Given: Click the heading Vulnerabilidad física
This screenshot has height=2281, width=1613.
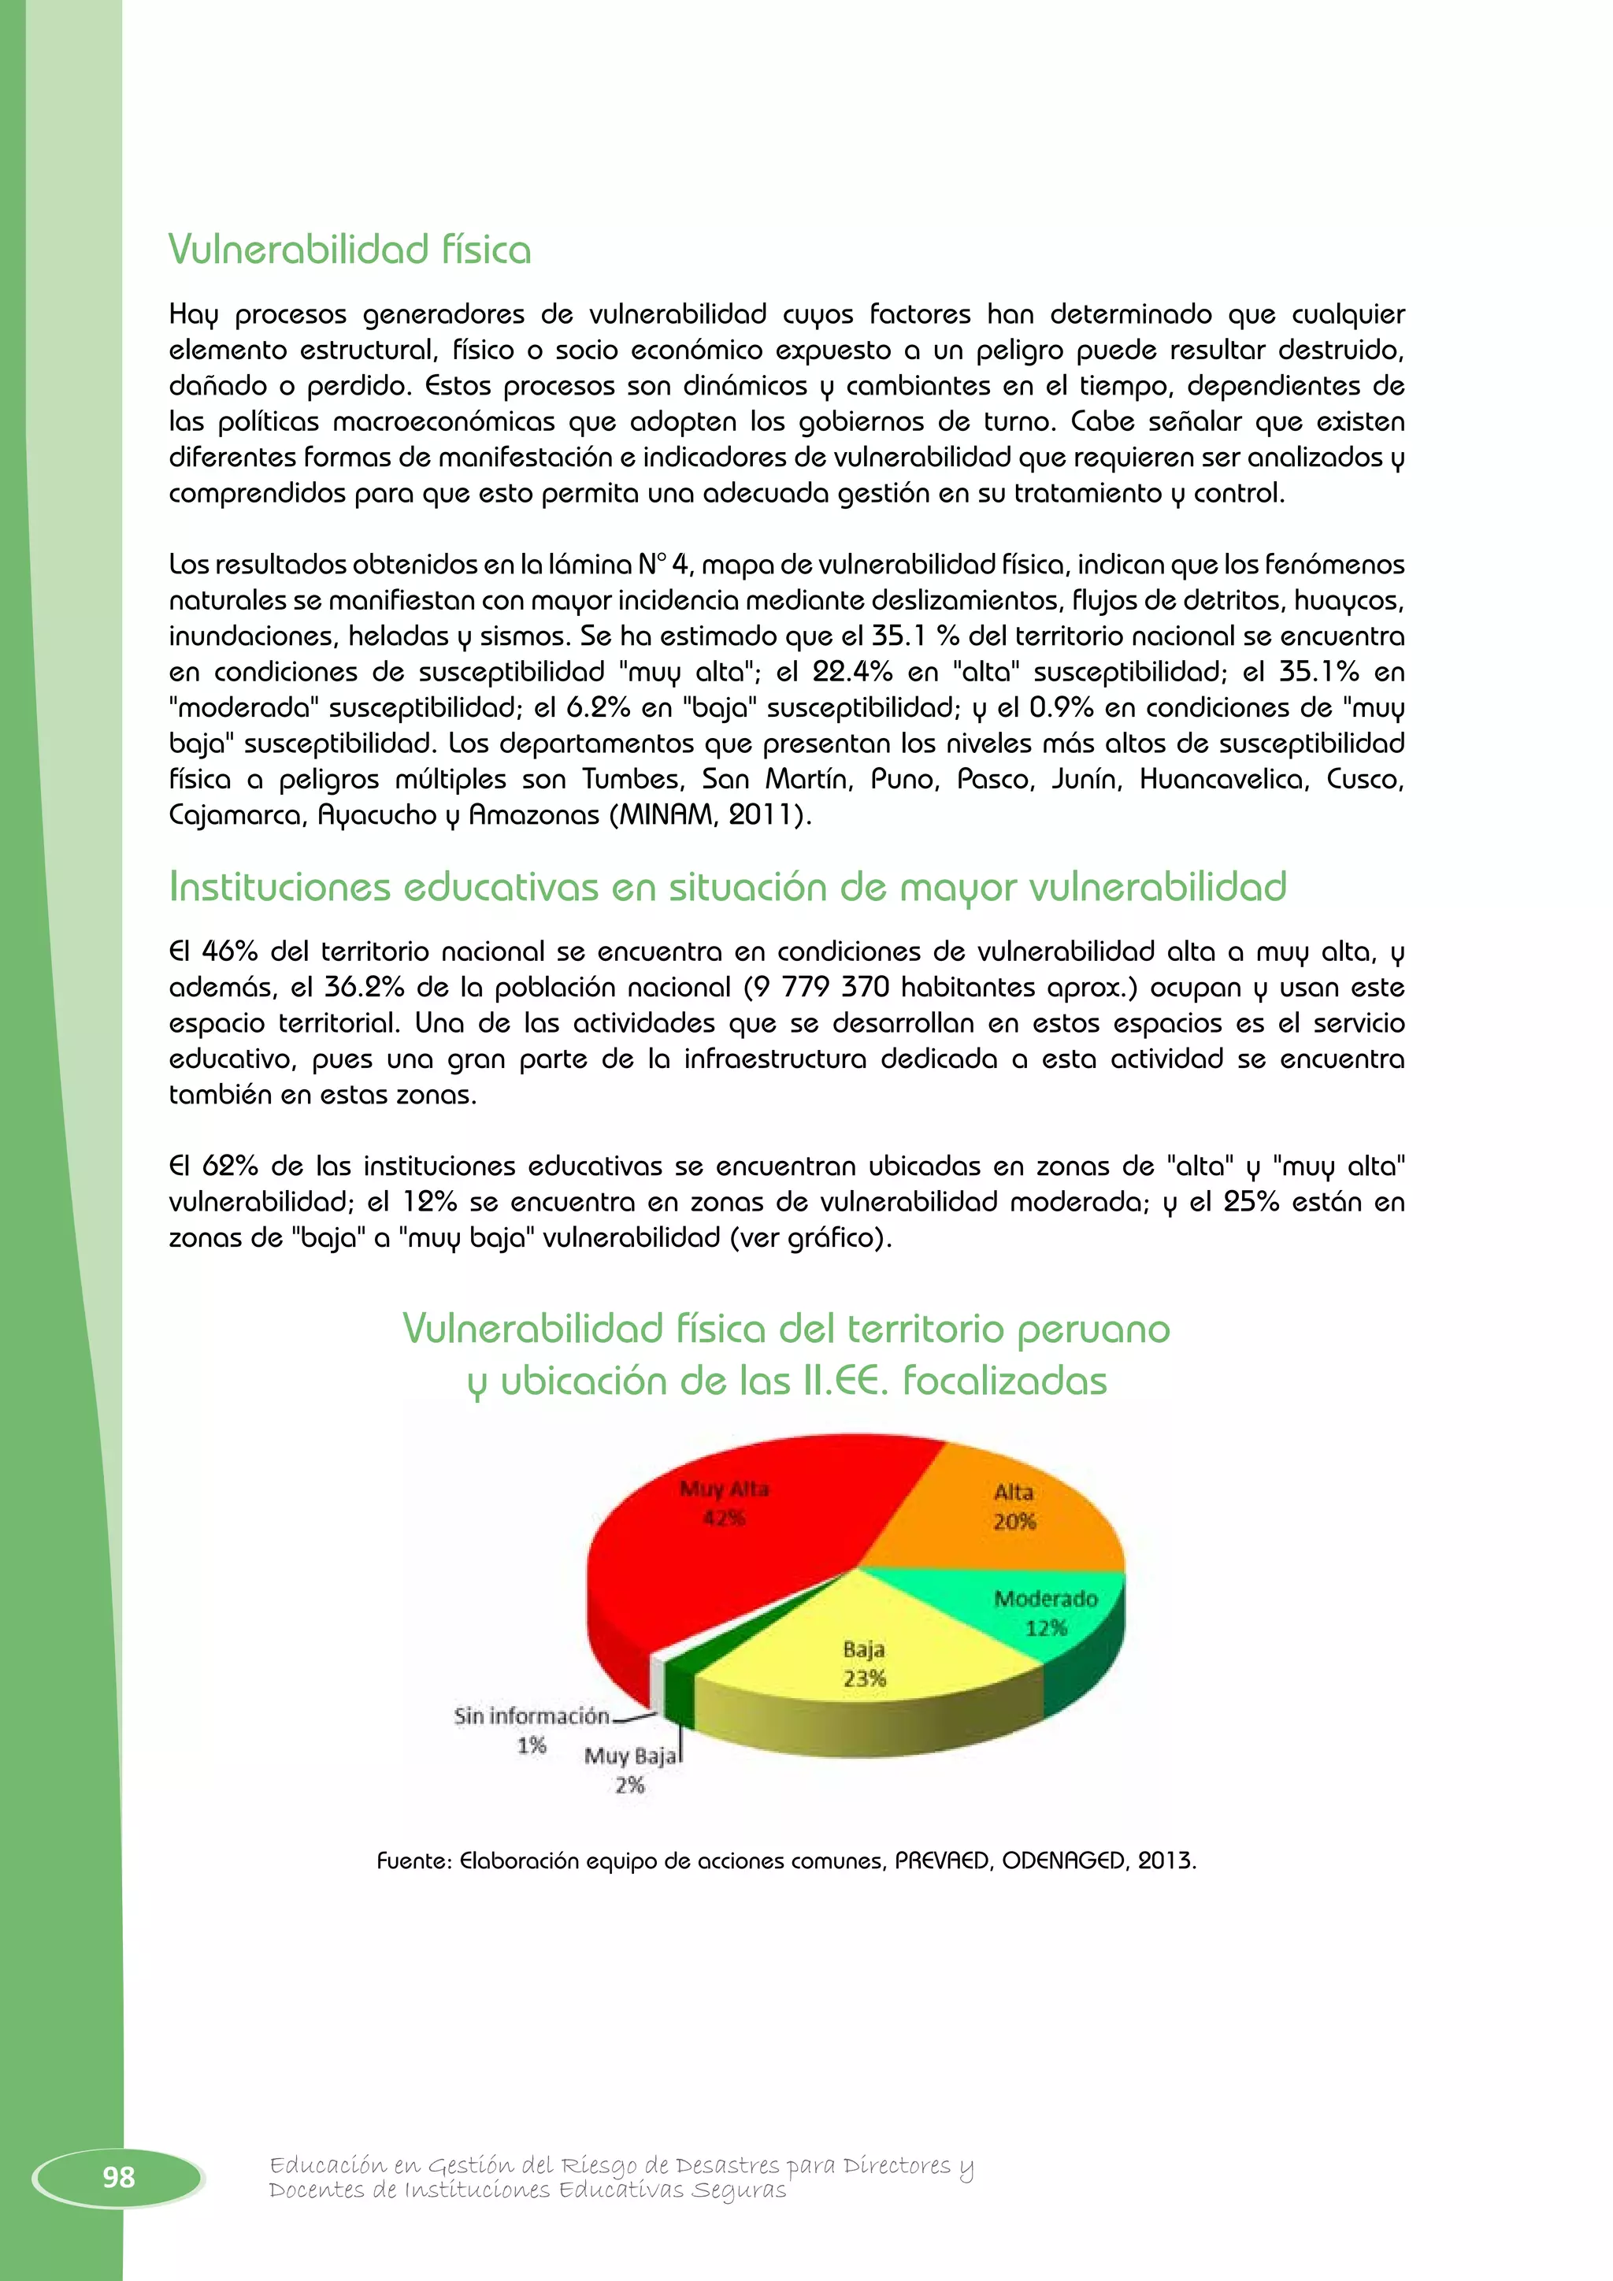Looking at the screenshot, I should [350, 250].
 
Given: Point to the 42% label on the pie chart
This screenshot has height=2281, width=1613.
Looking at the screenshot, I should [724, 1517].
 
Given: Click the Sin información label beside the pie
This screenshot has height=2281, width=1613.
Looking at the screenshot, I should [532, 1715].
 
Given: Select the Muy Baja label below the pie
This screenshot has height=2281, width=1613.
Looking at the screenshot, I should [630, 1756].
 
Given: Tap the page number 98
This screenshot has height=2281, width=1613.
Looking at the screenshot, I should [118, 2177].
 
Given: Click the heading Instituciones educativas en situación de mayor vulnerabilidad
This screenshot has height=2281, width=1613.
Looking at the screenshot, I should [727, 886].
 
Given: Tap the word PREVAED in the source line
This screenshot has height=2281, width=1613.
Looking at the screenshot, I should [943, 1860].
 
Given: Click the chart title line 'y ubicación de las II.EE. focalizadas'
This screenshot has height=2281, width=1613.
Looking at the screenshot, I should [787, 1381].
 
